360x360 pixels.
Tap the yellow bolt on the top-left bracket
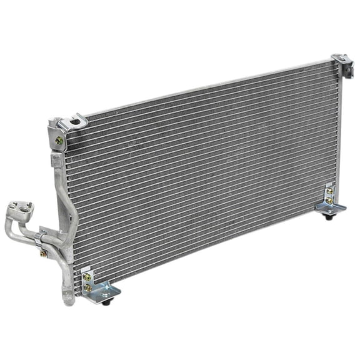coord(59,141)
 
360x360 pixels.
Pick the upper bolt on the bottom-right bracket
coord(329,191)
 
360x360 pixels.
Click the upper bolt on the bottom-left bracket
coord(87,277)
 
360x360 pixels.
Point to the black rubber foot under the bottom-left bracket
coord(107,302)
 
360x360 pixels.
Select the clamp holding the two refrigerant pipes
coord(42,237)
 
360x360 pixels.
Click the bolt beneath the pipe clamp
coord(43,253)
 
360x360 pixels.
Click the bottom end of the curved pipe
coord(68,299)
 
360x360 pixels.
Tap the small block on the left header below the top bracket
coord(57,160)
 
